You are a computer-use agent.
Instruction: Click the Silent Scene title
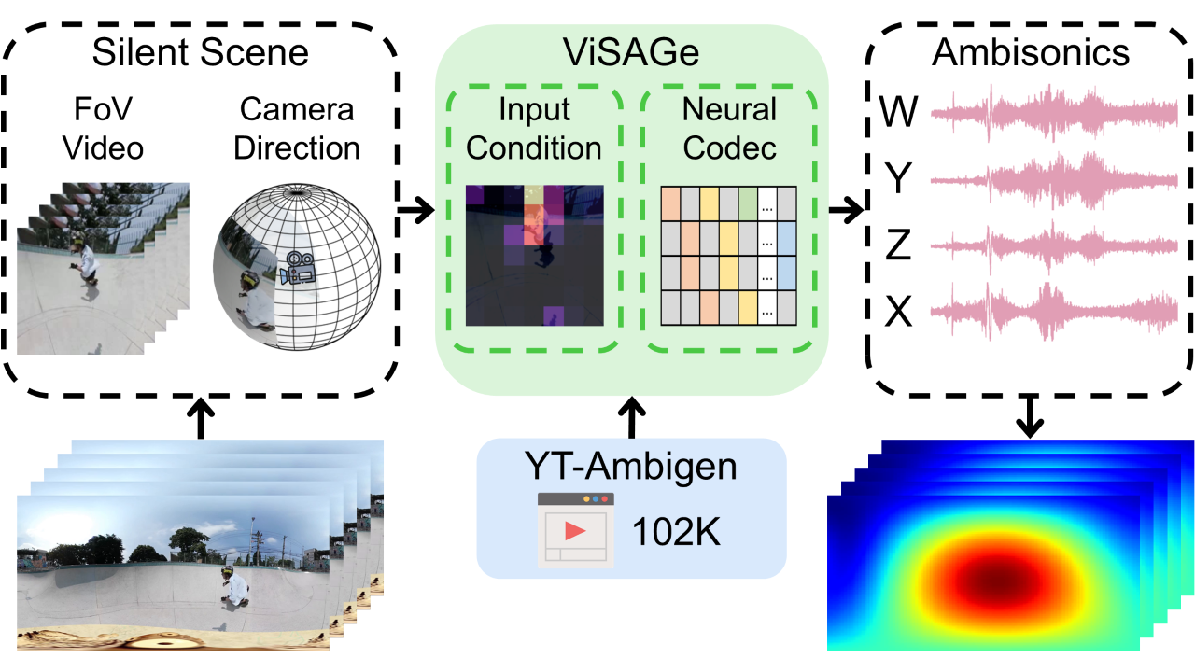pyautogui.click(x=200, y=52)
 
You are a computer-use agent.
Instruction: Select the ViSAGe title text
pyautogui.click(x=632, y=53)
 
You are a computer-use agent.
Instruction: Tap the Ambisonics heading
pyautogui.click(x=1030, y=52)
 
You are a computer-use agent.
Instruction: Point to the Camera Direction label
pyautogui.click(x=297, y=129)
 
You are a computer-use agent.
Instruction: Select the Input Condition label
pyautogui.click(x=535, y=129)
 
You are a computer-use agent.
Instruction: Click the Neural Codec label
pyautogui.click(x=729, y=129)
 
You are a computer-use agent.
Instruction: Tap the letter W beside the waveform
pyautogui.click(x=900, y=114)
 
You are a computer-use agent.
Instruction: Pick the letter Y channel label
pyautogui.click(x=898, y=180)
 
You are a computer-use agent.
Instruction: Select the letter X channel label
pyautogui.click(x=898, y=314)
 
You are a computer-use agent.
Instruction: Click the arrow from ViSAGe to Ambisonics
pyautogui.click(x=847, y=211)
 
